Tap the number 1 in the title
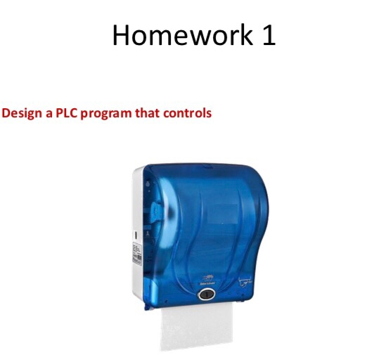(x=269, y=34)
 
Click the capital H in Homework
(x=121, y=34)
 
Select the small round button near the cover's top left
(x=148, y=184)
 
